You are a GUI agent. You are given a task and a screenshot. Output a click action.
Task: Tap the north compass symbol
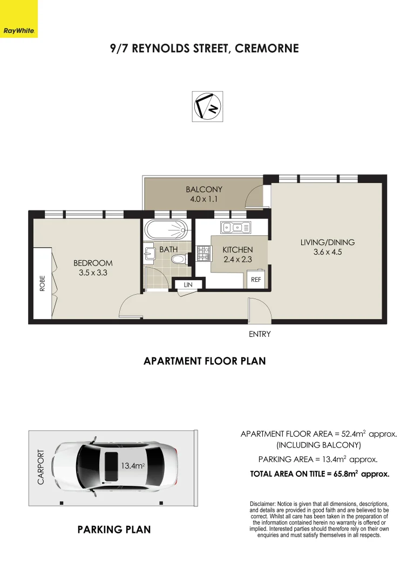point(207,106)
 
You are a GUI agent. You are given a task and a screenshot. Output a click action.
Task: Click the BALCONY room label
point(204,189)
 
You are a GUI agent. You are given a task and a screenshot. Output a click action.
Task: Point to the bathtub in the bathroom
point(165,230)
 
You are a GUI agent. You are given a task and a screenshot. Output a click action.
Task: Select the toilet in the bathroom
point(181,259)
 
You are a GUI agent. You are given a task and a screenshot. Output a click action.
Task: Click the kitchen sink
point(236,228)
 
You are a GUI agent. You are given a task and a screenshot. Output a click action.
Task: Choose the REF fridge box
point(256,279)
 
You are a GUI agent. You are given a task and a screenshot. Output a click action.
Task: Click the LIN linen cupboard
point(188,285)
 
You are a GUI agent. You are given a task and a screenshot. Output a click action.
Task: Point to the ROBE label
point(42,283)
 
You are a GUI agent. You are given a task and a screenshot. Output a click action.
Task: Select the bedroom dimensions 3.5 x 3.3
point(93,273)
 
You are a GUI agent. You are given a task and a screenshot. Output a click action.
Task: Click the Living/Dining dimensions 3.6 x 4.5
point(328,252)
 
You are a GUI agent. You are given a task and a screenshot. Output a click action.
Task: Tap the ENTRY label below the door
point(260,334)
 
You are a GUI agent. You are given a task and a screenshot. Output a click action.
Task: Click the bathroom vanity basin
point(150,253)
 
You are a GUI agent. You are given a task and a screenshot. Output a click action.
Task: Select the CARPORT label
point(40,467)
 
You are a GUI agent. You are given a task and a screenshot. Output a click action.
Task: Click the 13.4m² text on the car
point(133,465)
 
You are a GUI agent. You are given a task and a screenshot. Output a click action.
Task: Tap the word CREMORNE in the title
point(267,49)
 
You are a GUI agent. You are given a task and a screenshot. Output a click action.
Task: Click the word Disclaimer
point(262,504)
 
